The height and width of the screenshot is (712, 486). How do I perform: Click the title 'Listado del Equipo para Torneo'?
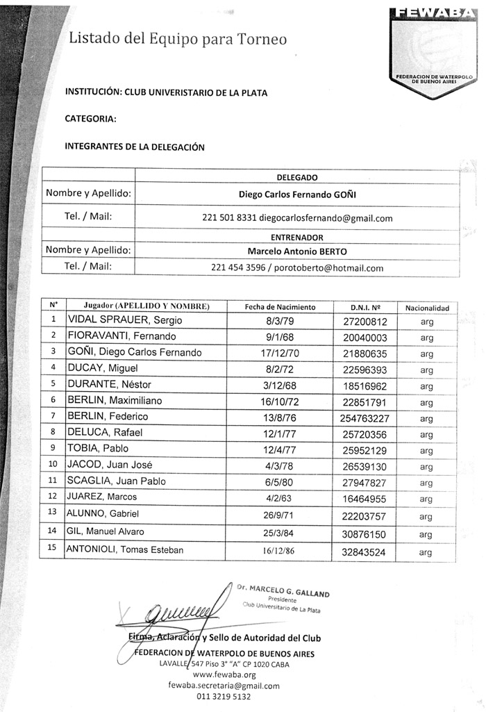[x=177, y=40]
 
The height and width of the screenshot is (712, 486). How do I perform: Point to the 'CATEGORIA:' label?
[x=91, y=118]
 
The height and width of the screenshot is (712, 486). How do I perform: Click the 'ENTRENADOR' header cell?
[x=296, y=237]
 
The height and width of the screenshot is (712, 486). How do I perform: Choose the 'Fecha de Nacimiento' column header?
[x=280, y=306]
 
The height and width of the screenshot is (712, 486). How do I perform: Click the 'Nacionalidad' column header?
[x=427, y=307]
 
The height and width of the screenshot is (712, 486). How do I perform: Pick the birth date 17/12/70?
[x=281, y=352]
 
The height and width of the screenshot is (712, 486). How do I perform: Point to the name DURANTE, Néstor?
[x=109, y=384]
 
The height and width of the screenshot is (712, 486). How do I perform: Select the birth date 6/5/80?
[x=281, y=481]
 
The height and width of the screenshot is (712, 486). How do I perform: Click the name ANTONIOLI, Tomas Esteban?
[x=125, y=550]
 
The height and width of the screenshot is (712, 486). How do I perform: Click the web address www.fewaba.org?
[x=224, y=674]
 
